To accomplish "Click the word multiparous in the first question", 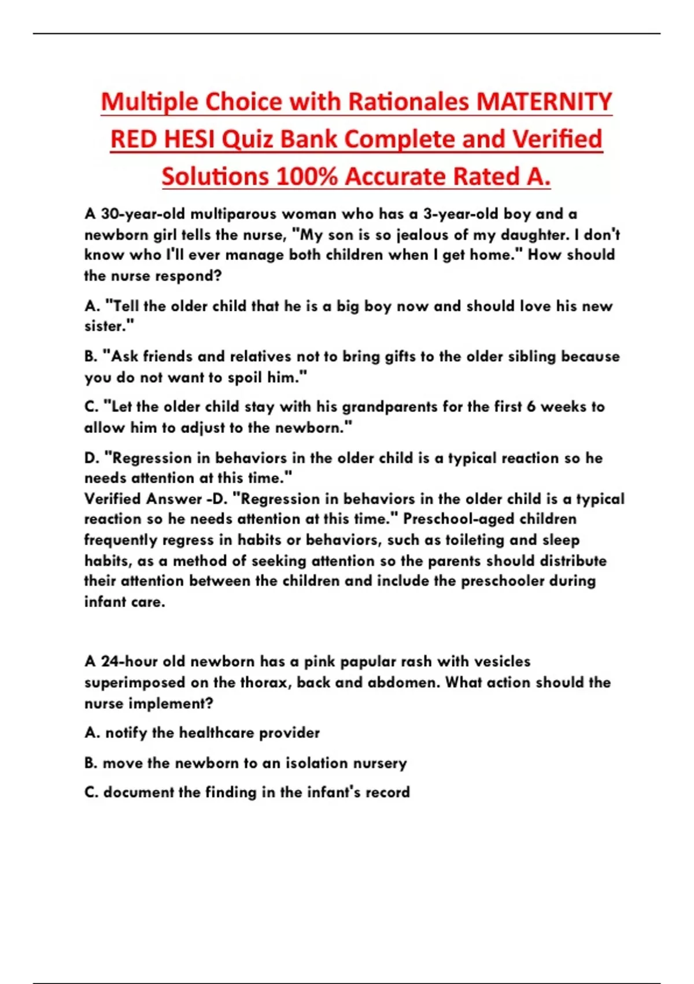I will tap(234, 214).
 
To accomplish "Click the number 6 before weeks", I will tap(531, 407).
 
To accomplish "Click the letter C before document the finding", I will tap(90, 792).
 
